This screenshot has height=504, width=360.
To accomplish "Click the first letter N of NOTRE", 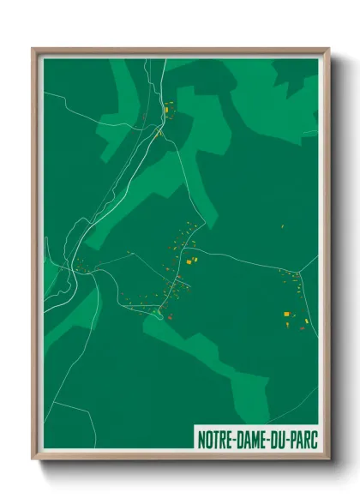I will tap(201, 437).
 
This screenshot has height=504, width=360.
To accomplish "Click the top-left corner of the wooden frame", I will tap(33, 49).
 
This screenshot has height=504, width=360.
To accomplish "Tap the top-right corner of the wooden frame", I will tap(328, 49).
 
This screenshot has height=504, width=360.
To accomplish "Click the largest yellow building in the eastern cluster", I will tap(286, 315).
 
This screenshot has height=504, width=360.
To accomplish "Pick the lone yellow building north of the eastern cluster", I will tap(282, 226).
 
